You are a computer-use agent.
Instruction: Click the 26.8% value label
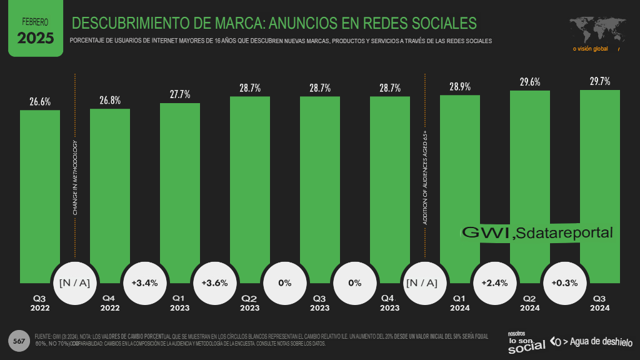click(x=110, y=100)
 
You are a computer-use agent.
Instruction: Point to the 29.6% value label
click(x=530, y=82)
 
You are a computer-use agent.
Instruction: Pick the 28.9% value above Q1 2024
click(x=460, y=86)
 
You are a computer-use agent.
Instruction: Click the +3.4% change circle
click(x=145, y=282)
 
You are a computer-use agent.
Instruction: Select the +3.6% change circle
click(x=215, y=282)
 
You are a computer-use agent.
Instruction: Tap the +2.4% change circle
click(x=495, y=282)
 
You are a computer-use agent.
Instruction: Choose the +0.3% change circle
click(x=565, y=282)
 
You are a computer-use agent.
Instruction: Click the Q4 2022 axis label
click(x=110, y=303)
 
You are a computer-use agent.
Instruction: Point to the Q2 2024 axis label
click(x=530, y=303)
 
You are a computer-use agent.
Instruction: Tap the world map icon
click(x=594, y=29)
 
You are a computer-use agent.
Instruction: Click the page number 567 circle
click(x=19, y=341)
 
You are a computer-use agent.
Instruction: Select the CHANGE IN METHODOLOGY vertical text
click(x=75, y=179)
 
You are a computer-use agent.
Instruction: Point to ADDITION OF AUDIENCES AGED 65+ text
click(x=425, y=177)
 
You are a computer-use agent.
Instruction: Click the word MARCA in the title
click(x=232, y=24)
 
